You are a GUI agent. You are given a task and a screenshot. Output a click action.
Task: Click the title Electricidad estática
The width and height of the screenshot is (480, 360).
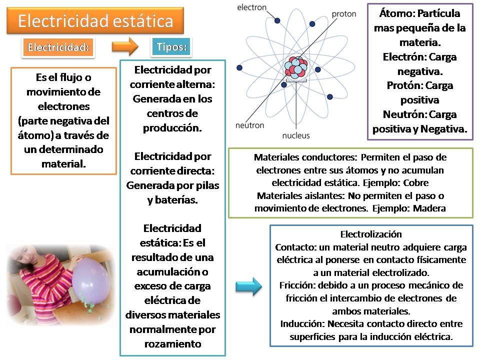pos(95,21)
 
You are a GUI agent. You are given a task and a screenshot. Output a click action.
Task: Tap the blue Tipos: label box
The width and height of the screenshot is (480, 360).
pos(171,47)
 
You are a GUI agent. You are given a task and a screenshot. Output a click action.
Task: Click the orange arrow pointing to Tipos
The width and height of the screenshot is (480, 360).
pos(124,47)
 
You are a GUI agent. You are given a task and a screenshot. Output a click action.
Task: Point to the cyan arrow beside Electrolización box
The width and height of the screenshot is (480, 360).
pos(248,286)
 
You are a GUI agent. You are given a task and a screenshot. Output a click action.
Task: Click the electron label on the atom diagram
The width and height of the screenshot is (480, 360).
pos(251,7)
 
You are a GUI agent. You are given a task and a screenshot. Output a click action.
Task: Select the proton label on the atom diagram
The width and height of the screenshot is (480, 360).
pos(344,14)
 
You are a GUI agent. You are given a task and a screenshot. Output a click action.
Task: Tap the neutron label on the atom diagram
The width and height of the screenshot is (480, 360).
pos(249,125)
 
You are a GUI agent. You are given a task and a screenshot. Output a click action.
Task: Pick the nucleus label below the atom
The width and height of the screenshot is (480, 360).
pos(296,135)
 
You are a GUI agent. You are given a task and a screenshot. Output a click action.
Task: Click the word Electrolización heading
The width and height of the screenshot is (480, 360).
pos(371,234)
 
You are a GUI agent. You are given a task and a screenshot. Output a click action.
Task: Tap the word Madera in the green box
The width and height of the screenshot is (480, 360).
pos(429,208)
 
